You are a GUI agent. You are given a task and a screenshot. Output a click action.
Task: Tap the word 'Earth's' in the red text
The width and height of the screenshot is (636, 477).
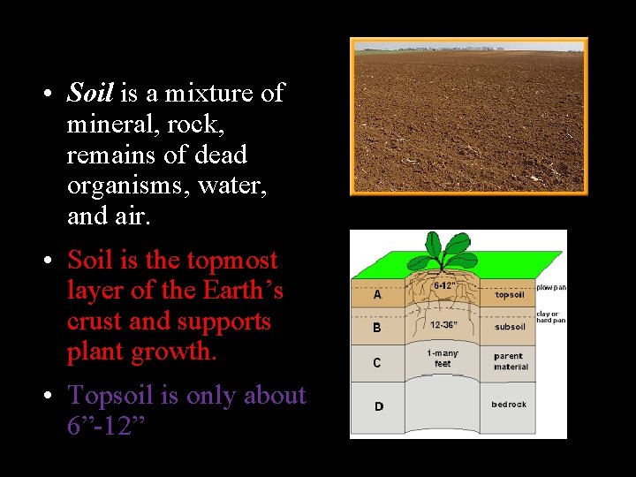tap(243, 291)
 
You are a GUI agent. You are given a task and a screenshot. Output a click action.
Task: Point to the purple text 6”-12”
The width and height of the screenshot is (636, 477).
tap(106, 426)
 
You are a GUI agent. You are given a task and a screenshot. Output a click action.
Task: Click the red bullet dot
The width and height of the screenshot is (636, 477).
tap(51, 261)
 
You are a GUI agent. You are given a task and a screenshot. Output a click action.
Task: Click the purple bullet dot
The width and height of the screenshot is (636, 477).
tap(51, 396)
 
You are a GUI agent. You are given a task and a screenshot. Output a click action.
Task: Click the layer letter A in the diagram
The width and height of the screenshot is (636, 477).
tap(377, 295)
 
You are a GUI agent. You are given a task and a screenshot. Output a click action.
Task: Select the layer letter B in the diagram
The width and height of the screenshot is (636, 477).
tap(377, 328)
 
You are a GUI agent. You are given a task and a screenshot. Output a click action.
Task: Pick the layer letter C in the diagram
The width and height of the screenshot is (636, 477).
tap(377, 361)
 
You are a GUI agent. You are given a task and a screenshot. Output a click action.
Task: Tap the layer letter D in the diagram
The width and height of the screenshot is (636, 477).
tap(378, 406)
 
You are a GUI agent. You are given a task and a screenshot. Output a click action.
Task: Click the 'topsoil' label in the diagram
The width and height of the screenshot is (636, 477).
tap(510, 295)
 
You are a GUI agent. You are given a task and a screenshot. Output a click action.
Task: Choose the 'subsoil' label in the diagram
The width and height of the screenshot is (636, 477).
tap(510, 327)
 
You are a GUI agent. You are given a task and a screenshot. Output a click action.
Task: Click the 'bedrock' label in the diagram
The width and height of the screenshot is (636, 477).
tap(509, 405)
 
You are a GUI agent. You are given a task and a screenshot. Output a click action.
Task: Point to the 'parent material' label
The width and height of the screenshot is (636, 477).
tap(511, 361)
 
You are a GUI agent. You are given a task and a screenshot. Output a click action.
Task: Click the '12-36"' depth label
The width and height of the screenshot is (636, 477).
tap(443, 324)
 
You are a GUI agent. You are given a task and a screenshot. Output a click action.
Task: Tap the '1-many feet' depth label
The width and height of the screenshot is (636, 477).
tap(443, 358)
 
